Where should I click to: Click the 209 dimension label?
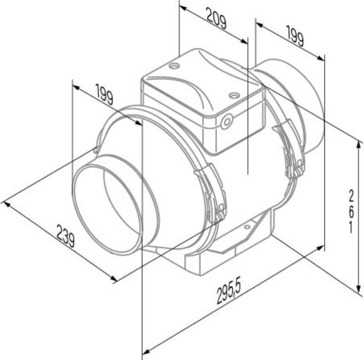216,18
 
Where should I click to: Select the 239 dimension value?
66,236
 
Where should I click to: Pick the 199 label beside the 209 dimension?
295,36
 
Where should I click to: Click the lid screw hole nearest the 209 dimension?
174,66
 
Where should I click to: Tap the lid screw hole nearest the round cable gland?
234,95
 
